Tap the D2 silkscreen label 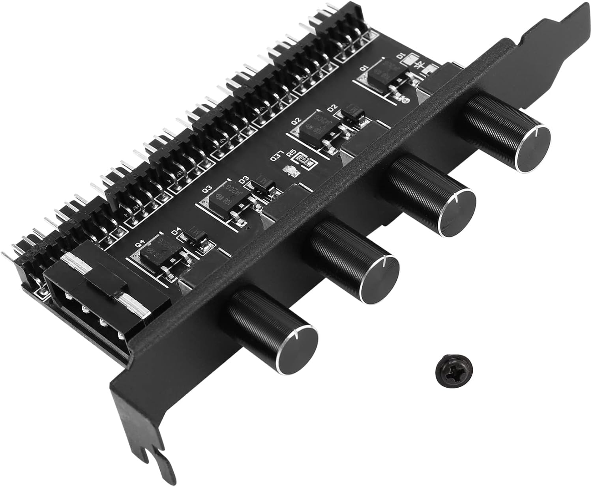tap(332, 107)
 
